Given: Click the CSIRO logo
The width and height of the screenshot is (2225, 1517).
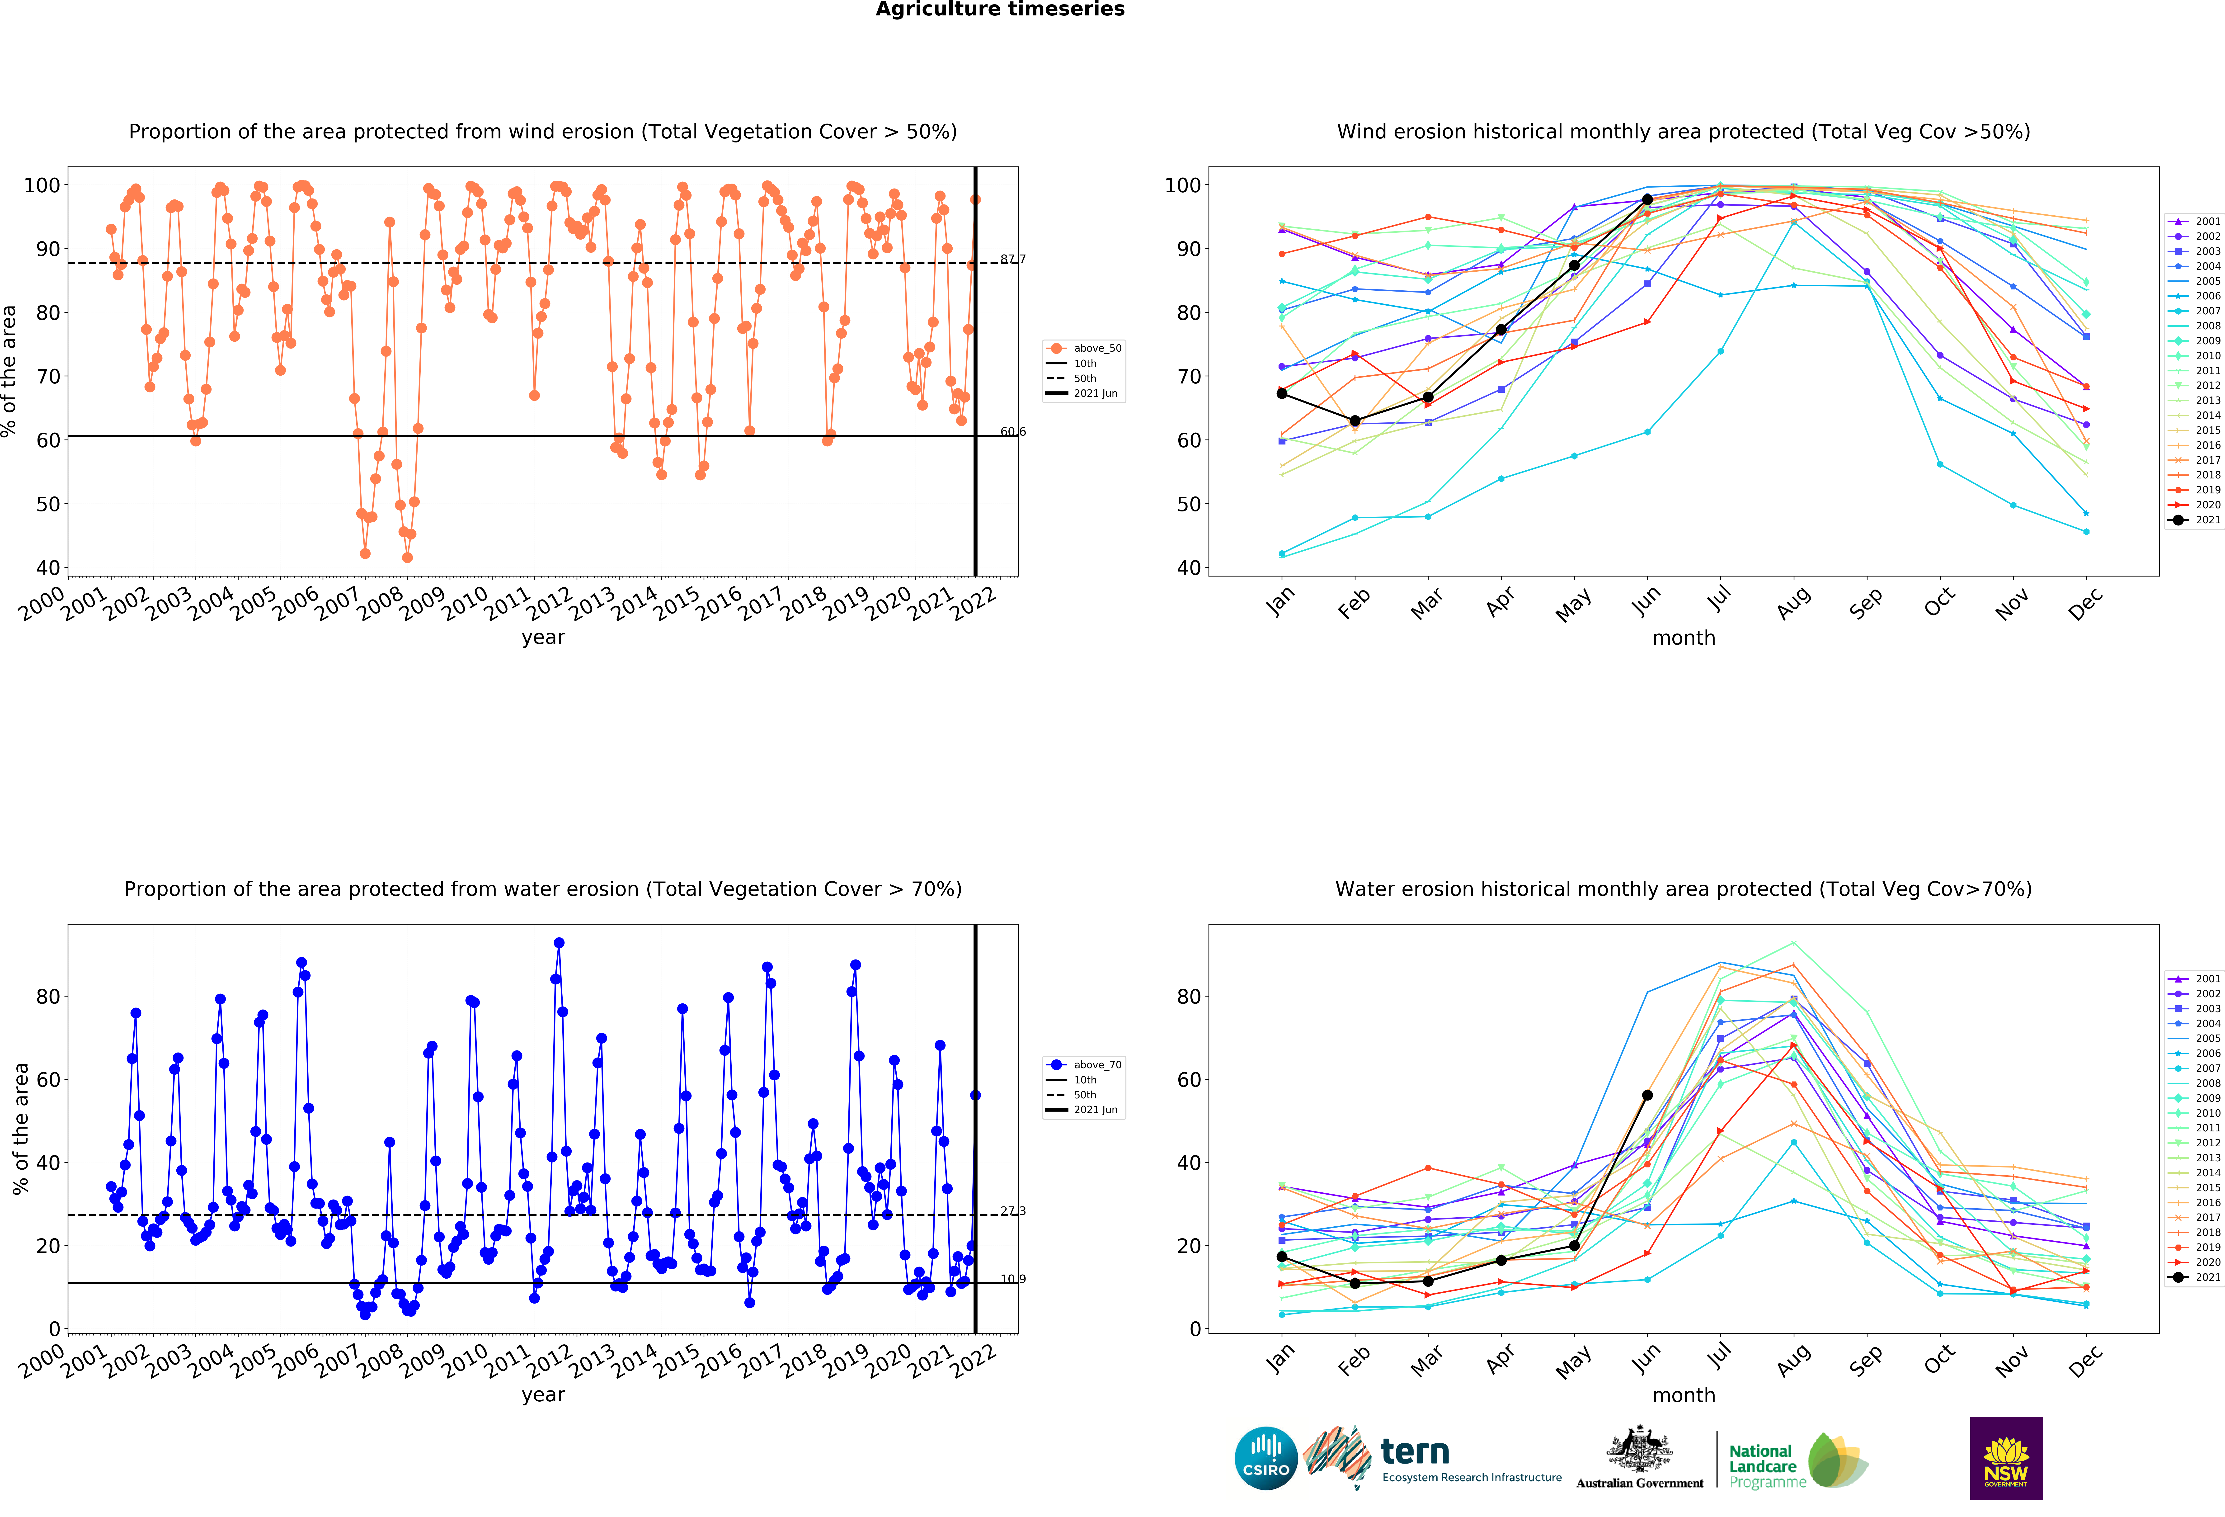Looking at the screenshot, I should tap(1266, 1459).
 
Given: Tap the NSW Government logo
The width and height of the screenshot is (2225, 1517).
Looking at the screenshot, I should tap(2006, 1458).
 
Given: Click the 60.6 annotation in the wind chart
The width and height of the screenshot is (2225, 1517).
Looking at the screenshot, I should tap(1013, 432).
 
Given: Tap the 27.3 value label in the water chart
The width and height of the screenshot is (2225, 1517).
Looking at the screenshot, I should tap(1013, 1211).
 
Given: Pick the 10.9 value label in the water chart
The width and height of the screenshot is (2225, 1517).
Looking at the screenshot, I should tap(1013, 1280).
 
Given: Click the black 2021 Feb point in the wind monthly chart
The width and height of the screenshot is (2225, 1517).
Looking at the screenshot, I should tap(1355, 421).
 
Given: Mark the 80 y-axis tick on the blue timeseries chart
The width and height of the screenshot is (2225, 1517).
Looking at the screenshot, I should tap(48, 997).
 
